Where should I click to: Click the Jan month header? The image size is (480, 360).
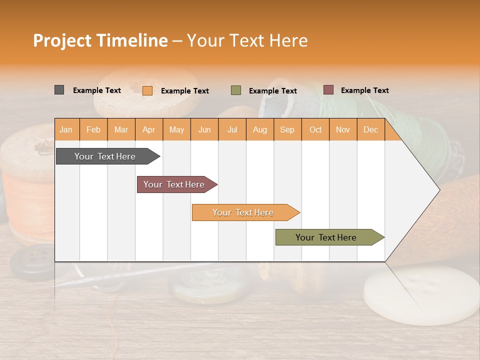coord(66,130)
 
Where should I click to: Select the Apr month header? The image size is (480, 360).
coord(149,130)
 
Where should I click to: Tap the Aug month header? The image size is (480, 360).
coord(259,130)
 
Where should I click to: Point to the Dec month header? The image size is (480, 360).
coord(370,130)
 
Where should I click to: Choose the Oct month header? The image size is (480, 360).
coord(315,130)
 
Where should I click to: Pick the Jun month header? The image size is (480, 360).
coord(204,130)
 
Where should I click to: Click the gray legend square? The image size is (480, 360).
coord(59,90)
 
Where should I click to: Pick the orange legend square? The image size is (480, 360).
coord(147,90)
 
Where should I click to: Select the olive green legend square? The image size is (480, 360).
coord(236,90)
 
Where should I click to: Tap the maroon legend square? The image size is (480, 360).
coord(328,90)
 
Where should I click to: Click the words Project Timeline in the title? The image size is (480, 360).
coord(100,40)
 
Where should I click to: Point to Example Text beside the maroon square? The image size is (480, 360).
coord(364,90)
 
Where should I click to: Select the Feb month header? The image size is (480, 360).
coord(93,130)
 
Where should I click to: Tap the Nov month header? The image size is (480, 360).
coord(343,130)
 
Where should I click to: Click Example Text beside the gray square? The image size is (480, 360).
coord(97,90)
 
